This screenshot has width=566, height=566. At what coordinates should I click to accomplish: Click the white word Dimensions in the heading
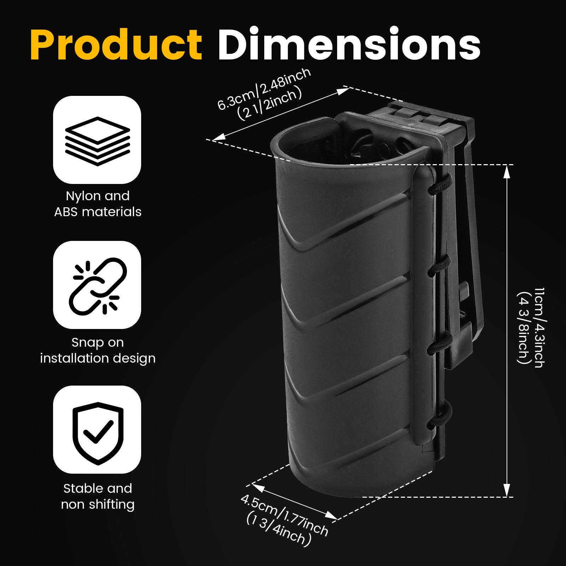pyautogui.click(x=349, y=45)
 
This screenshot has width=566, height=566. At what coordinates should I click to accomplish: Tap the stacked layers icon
pyautogui.click(x=97, y=141)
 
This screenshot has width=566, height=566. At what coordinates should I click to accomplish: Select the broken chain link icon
pyautogui.click(x=97, y=285)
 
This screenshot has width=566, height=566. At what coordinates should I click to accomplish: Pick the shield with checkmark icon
pyautogui.click(x=97, y=430)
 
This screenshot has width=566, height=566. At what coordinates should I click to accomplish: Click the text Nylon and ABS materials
pyautogui.click(x=98, y=204)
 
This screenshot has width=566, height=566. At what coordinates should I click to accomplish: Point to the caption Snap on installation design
pyautogui.click(x=98, y=350)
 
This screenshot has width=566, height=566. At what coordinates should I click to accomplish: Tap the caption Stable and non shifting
pyautogui.click(x=98, y=496)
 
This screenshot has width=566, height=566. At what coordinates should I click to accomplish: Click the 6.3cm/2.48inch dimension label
pyautogui.click(x=264, y=89)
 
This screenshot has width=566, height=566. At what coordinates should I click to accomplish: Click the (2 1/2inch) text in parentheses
pyautogui.click(x=270, y=103)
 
